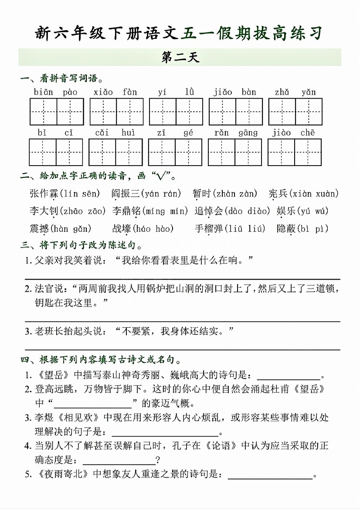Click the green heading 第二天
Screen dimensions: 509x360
[x=180, y=58]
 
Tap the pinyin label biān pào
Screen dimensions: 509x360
[x=56, y=92]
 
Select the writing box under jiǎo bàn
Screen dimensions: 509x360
[x=236, y=112]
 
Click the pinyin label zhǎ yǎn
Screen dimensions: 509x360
[x=295, y=92]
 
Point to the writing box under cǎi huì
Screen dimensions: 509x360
[x=116, y=152]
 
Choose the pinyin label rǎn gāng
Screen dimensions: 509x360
[x=236, y=133]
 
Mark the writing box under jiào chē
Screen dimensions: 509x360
[x=295, y=152]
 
